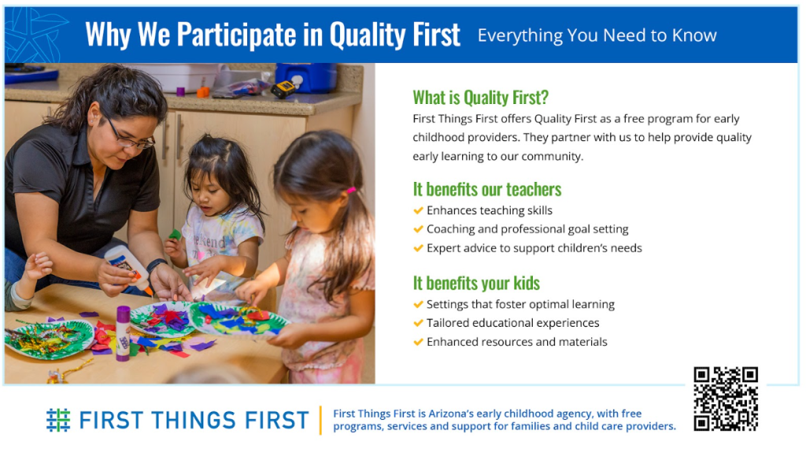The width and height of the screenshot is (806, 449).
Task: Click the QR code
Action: pos(725,399)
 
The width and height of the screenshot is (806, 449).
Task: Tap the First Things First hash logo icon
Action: pos(58,420)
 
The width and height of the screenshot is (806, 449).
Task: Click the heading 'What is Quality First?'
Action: pos(481,97)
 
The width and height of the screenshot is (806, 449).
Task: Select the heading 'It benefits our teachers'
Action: pos(486,189)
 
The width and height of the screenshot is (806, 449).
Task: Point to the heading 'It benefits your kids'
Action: pos(476,283)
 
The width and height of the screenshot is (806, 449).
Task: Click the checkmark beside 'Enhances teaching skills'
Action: pos(418,210)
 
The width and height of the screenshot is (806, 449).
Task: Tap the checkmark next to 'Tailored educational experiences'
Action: pos(418,323)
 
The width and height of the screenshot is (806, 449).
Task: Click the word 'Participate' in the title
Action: pos(236,35)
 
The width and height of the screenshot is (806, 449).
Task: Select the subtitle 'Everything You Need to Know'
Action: pos(597,35)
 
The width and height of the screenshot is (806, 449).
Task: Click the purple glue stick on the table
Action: pos(123,332)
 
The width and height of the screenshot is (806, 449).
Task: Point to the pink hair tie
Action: pos(351,191)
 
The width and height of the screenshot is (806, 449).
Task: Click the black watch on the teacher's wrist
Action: pos(156,265)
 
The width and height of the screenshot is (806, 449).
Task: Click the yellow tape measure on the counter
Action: pos(283,90)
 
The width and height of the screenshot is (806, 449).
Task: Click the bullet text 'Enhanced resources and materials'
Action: pos(516,342)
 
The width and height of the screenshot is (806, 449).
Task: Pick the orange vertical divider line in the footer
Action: pos(321,420)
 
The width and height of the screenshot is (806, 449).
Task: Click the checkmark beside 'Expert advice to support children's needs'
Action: pos(418,248)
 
